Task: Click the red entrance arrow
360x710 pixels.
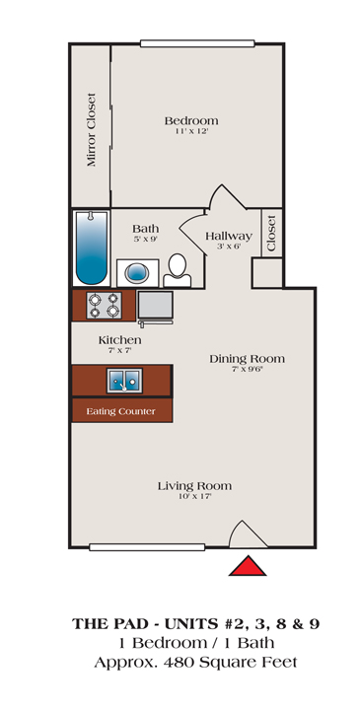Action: [x=248, y=566]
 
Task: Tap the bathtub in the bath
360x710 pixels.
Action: [x=92, y=248]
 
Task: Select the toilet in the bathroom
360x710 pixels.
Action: [x=178, y=270]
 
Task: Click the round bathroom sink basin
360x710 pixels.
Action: [x=137, y=273]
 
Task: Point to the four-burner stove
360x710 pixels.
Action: [x=105, y=305]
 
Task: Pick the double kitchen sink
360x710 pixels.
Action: [x=124, y=381]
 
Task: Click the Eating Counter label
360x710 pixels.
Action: [x=121, y=411]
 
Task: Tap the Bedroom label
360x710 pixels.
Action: [x=191, y=121]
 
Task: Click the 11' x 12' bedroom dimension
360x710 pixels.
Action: [x=192, y=132]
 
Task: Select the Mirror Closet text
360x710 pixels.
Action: [x=92, y=129]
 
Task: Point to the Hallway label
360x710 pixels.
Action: [x=229, y=237]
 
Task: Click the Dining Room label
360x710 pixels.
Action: [x=248, y=359]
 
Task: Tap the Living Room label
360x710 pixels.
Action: [x=194, y=486]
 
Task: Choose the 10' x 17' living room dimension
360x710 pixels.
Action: [x=194, y=497]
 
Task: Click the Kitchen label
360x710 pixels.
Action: [x=120, y=339]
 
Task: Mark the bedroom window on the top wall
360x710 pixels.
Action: [x=197, y=43]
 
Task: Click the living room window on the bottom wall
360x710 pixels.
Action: [x=147, y=547]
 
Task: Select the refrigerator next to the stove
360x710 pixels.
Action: [x=155, y=305]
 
